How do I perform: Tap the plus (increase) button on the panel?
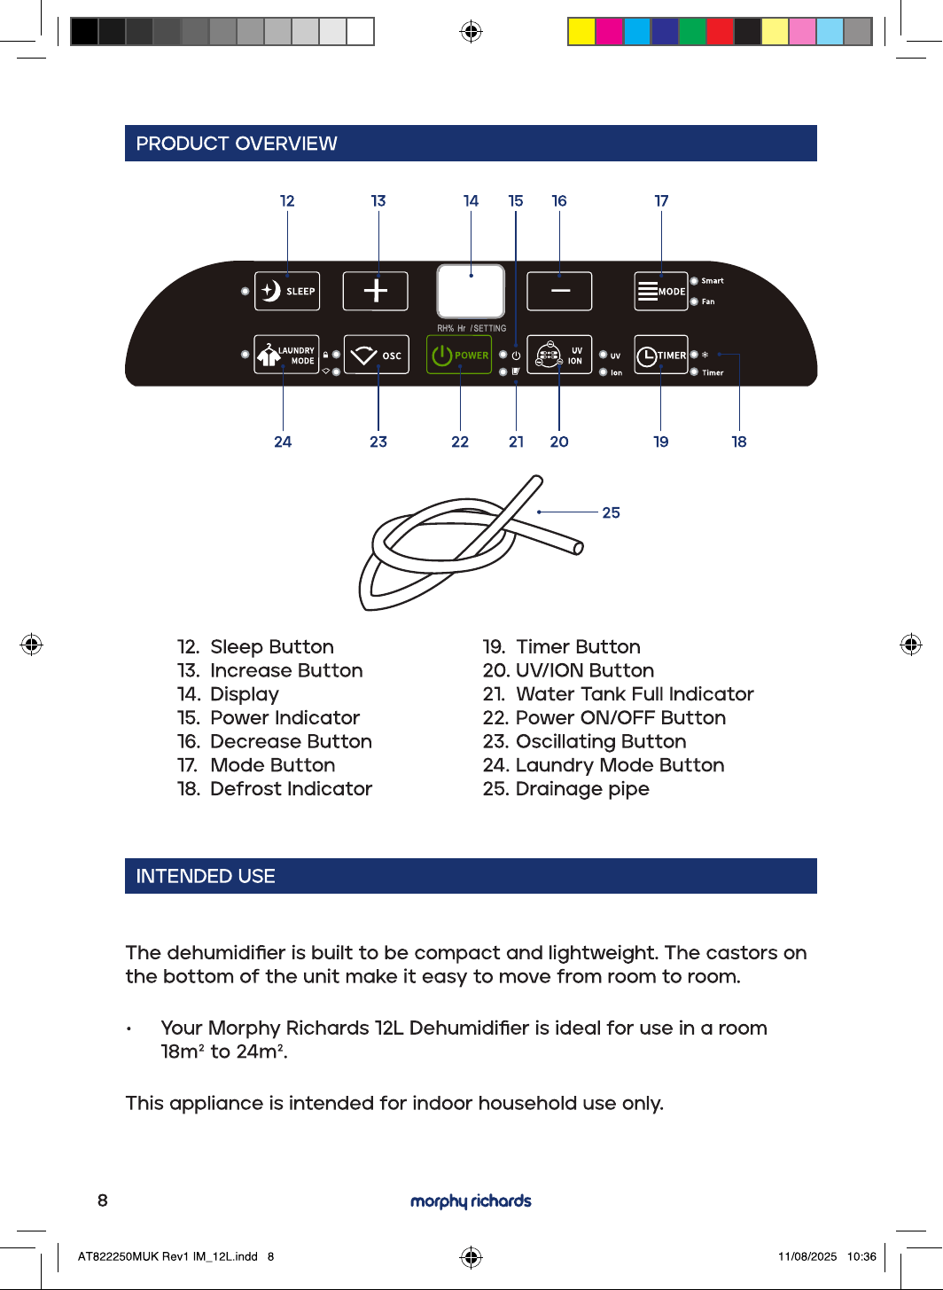376,291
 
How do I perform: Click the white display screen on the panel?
471,291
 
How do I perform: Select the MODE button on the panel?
661,291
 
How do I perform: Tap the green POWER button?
459,355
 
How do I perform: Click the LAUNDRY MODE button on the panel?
286,355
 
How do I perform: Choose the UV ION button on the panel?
559,355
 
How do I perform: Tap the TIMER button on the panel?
661,355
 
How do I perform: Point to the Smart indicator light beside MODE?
694,281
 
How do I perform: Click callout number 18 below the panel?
739,442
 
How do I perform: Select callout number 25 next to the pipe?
611,512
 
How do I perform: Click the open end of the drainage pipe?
579,548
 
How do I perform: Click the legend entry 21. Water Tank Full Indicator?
618,694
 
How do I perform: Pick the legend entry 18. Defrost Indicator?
275,788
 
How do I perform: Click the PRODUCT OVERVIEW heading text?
237,144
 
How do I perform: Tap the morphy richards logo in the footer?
471,1200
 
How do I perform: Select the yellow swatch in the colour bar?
581,32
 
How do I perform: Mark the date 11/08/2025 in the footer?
807,1256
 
